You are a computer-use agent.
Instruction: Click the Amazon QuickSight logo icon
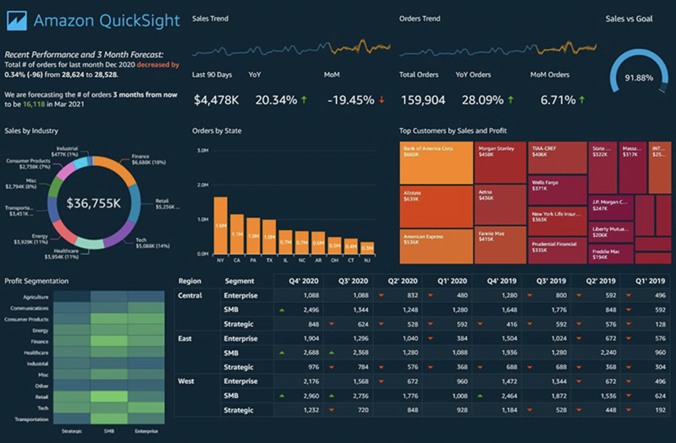click(x=15, y=21)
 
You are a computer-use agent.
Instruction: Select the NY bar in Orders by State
click(x=220, y=225)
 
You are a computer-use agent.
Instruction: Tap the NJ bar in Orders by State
click(x=368, y=248)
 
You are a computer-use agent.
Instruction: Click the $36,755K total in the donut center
click(x=94, y=203)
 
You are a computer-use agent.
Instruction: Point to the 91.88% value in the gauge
click(x=639, y=78)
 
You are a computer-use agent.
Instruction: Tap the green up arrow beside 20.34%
click(x=303, y=100)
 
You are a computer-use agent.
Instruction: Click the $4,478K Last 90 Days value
click(x=216, y=100)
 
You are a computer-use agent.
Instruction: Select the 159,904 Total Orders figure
click(x=423, y=100)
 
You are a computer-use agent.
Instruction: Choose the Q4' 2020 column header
click(x=303, y=281)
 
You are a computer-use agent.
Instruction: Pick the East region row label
click(x=186, y=338)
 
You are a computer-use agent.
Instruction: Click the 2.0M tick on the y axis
click(x=202, y=185)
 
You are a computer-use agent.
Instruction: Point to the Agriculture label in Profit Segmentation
click(x=35, y=297)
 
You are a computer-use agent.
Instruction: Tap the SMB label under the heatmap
click(x=109, y=432)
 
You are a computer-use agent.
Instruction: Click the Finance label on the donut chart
click(x=140, y=157)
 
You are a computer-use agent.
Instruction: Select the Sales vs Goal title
click(x=629, y=19)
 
